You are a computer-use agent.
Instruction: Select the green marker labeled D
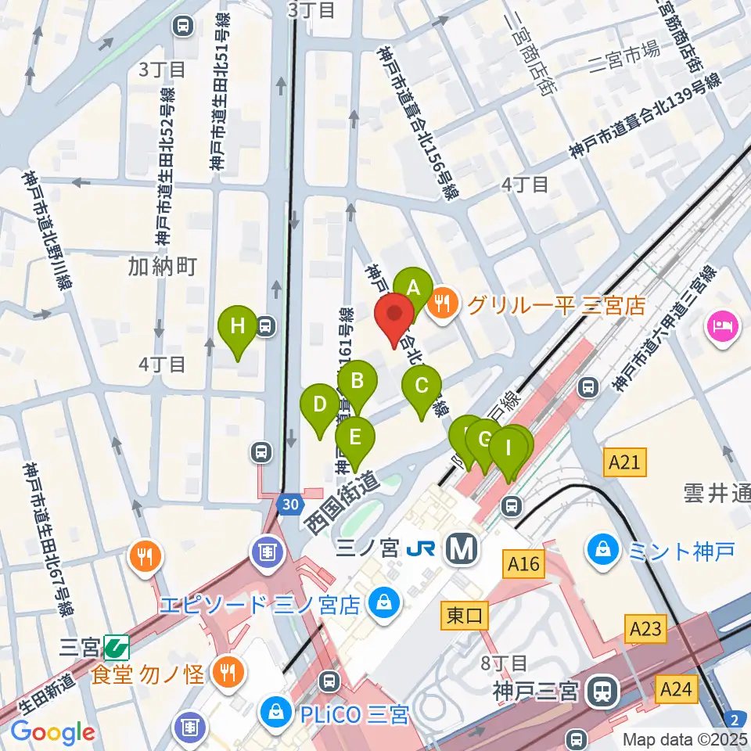pyautogui.click(x=320, y=405)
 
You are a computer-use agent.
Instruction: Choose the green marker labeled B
pyautogui.click(x=358, y=383)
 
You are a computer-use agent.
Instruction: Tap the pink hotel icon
pyautogui.click(x=721, y=325)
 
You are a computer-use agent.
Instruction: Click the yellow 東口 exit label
pyautogui.click(x=465, y=616)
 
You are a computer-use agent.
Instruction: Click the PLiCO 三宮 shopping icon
pyautogui.click(x=277, y=713)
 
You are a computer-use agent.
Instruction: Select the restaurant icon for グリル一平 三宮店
pyautogui.click(x=444, y=304)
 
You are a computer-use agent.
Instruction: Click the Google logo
pyautogui.click(x=52, y=732)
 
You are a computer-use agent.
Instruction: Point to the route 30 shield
pyautogui.click(x=289, y=505)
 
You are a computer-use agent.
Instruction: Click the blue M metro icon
pyautogui.click(x=462, y=551)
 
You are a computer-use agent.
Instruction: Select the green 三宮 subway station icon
pyautogui.click(x=117, y=647)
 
